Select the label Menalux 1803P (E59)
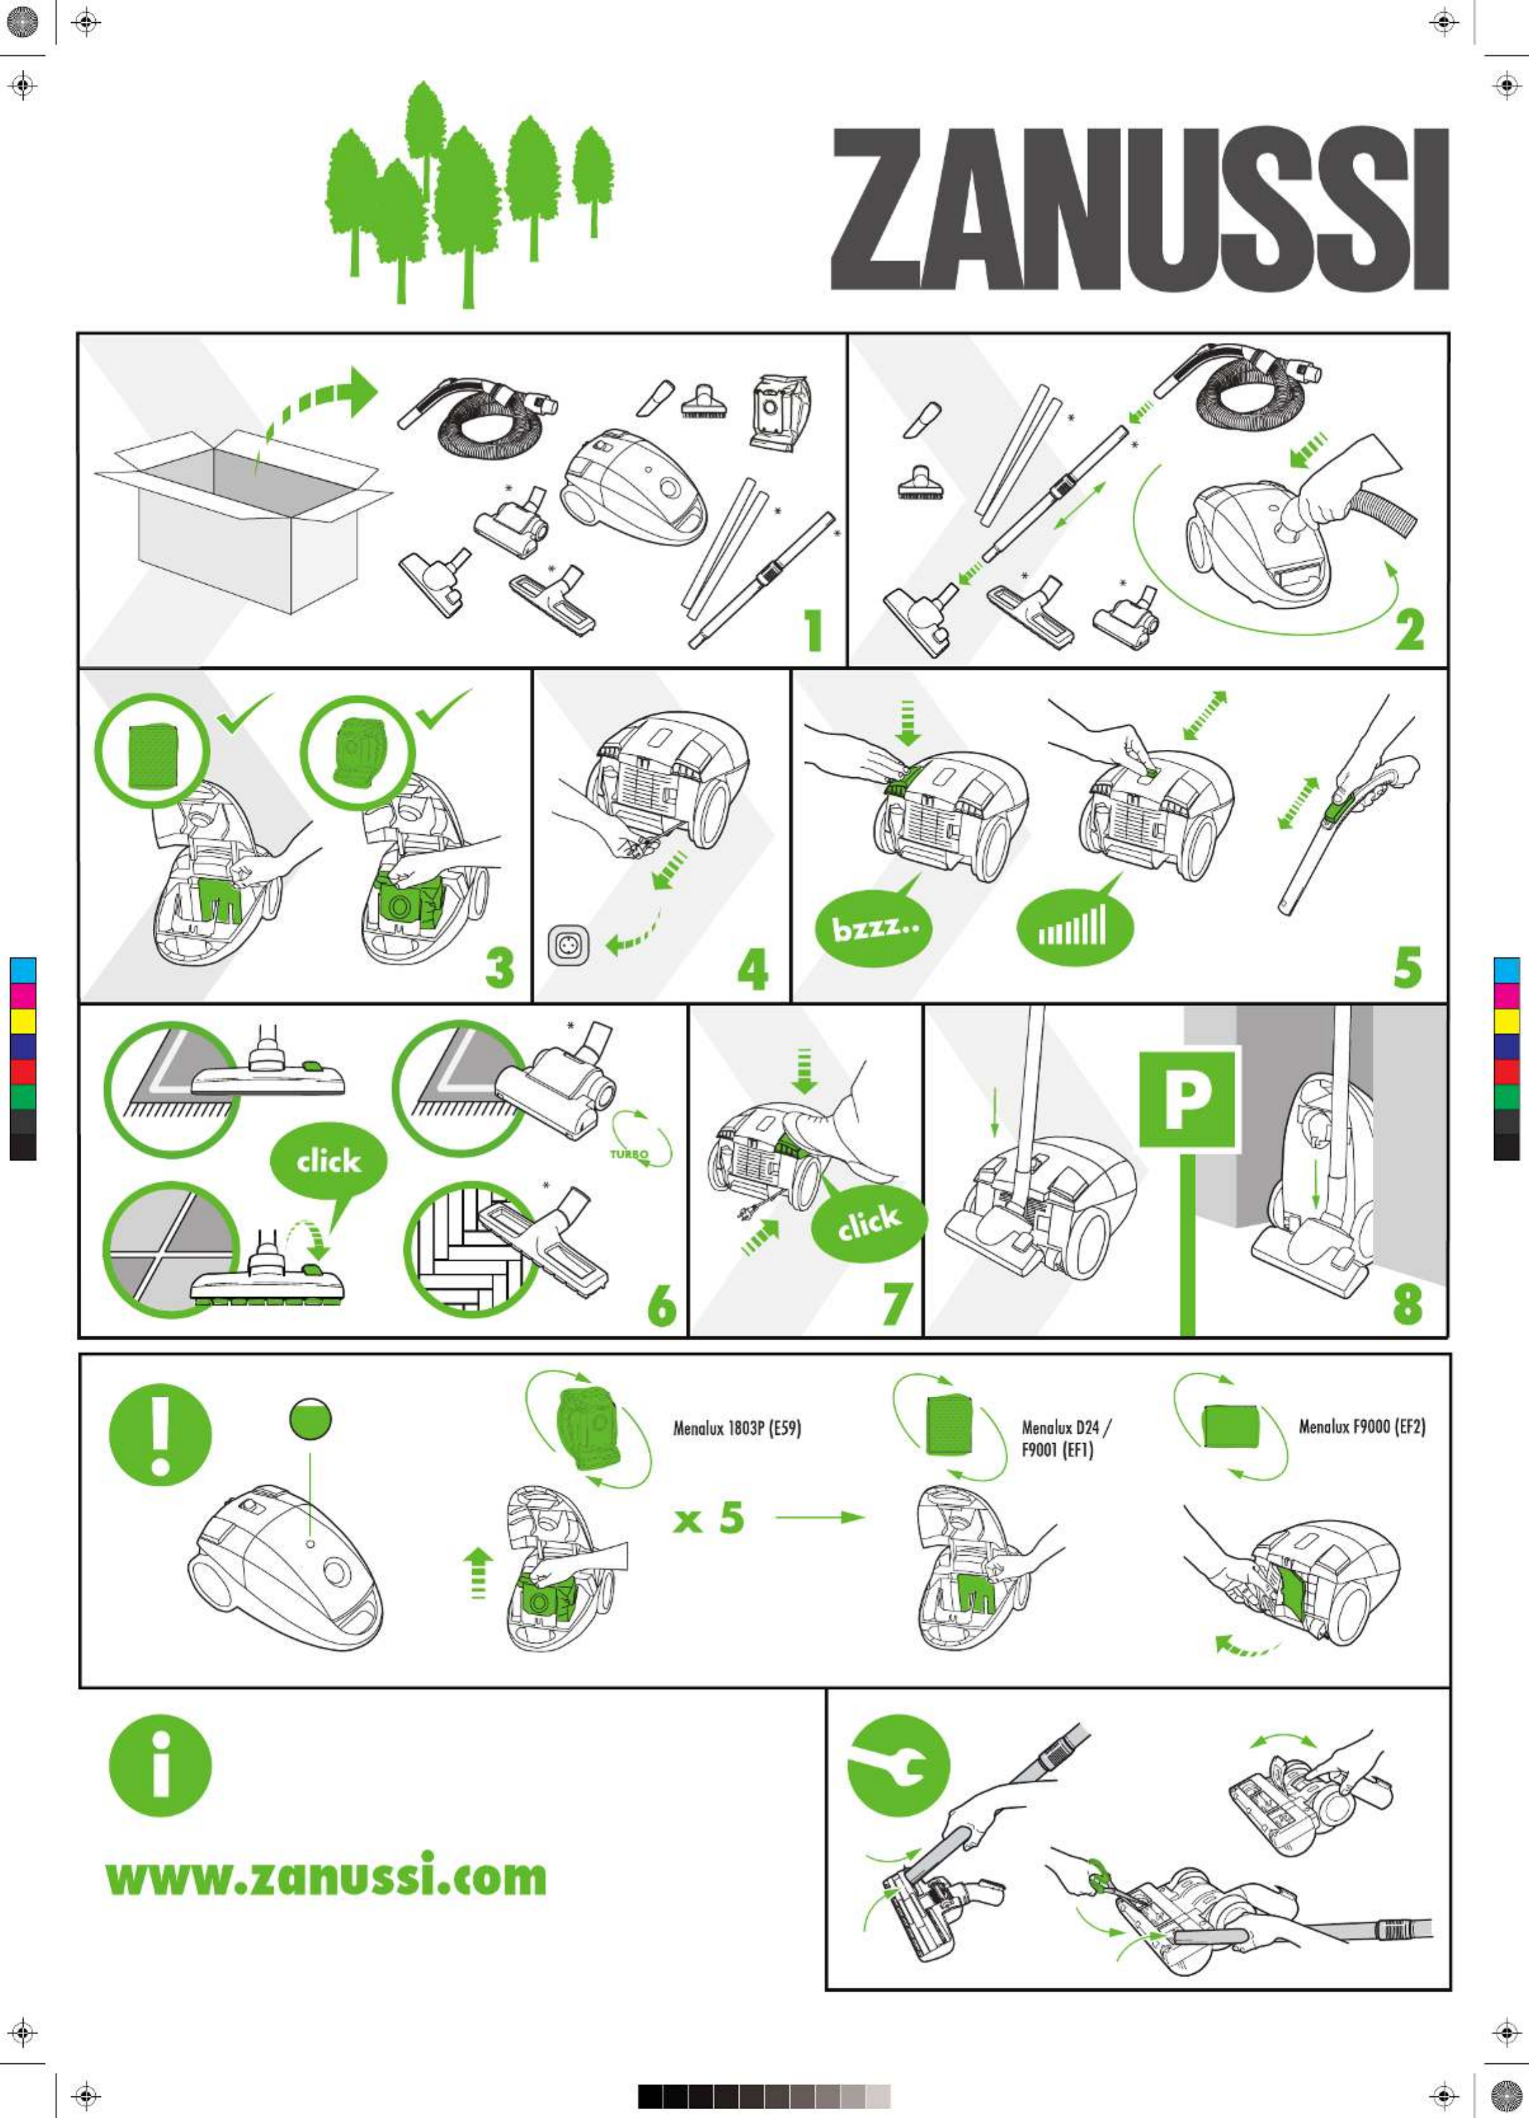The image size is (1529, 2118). point(737,1428)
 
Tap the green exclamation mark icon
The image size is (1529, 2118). point(161,1434)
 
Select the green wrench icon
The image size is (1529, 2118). point(898,1768)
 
